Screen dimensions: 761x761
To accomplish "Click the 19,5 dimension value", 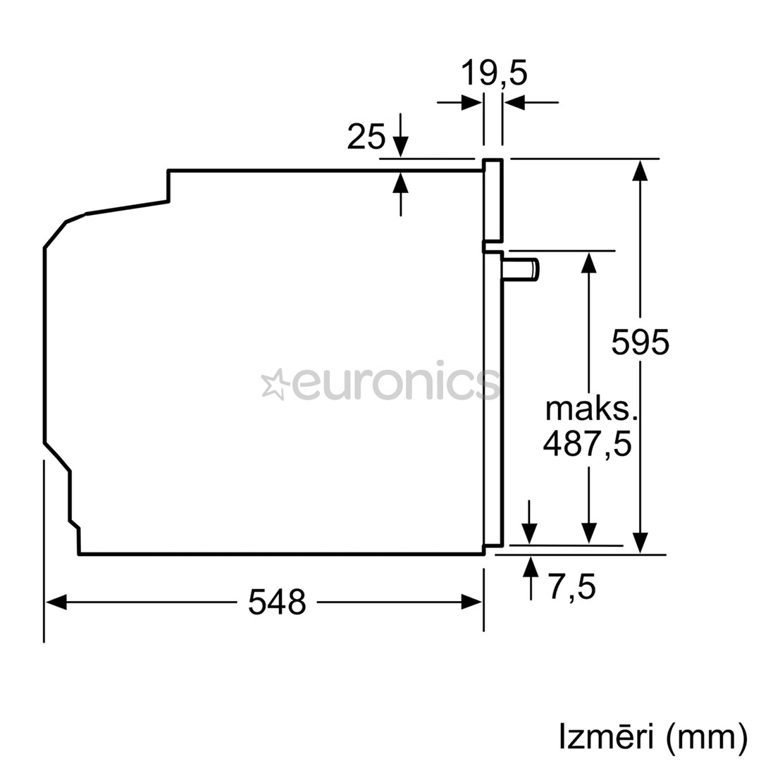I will [493, 73].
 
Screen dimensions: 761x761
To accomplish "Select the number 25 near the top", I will [366, 137].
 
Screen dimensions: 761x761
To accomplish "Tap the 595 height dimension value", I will [640, 342].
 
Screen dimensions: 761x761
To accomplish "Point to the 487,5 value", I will [587, 444].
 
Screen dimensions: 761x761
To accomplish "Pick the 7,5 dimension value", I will [571, 588].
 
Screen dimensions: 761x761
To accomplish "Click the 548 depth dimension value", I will [277, 602].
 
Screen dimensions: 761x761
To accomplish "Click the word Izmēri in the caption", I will [607, 737].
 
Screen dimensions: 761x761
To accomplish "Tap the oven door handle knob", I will [522, 269].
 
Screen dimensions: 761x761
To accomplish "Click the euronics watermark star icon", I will [274, 384].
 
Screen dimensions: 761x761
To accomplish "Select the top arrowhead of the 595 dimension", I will [640, 170].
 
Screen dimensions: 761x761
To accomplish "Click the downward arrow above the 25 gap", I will [400, 146].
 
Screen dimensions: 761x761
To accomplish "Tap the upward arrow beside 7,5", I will [531, 567].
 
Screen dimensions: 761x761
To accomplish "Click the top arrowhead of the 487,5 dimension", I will [589, 261].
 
